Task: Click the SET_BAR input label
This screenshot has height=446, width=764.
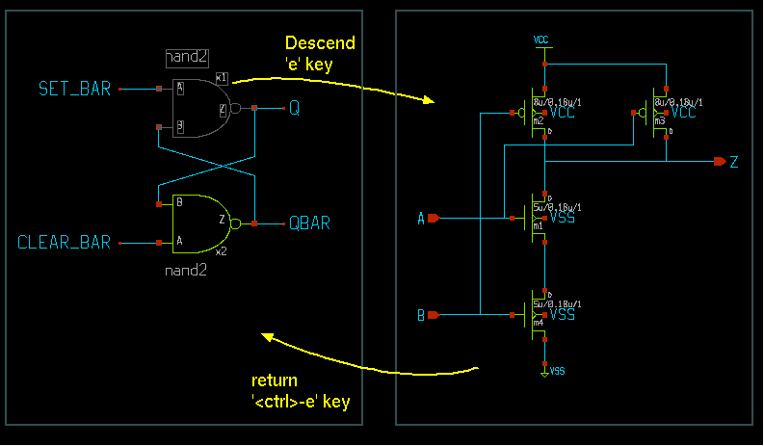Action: [x=74, y=90]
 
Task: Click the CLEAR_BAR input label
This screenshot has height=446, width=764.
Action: [x=65, y=242]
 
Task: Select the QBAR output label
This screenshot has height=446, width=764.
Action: [x=310, y=223]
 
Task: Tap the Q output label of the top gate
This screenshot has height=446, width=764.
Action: [x=295, y=109]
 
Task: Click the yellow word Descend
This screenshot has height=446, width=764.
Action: [x=320, y=43]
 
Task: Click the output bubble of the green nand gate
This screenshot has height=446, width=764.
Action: [x=236, y=223]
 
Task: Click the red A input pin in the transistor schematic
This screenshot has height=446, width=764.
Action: [x=433, y=219]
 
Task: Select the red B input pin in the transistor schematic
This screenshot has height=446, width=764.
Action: [x=433, y=315]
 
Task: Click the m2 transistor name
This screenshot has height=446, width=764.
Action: [x=538, y=122]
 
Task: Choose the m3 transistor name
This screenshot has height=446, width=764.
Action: [x=659, y=122]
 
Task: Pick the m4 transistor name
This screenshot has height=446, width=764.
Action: [x=538, y=324]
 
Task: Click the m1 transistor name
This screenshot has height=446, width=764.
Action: [x=538, y=226]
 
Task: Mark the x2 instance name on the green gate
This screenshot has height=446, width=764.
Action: [x=221, y=251]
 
